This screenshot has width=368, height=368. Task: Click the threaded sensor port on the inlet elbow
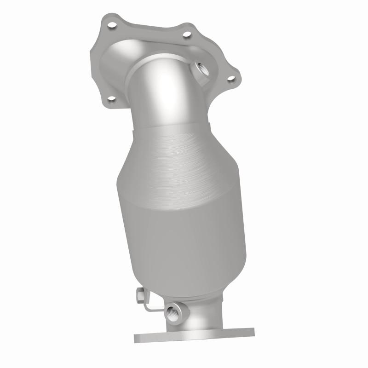[x=201, y=70]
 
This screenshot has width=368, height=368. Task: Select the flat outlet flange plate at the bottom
[x=193, y=335]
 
